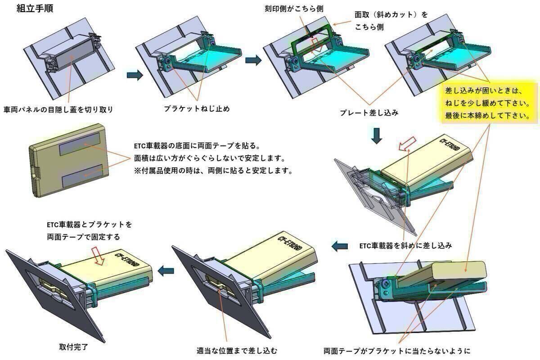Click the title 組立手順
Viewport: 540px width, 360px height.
pyautogui.click(x=35, y=9)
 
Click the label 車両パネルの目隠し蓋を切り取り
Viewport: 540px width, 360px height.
pyautogui.click(x=58, y=109)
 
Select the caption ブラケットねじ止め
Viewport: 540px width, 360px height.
pyautogui.click(x=197, y=108)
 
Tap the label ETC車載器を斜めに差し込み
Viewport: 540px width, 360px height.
pyautogui.click(x=405, y=246)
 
